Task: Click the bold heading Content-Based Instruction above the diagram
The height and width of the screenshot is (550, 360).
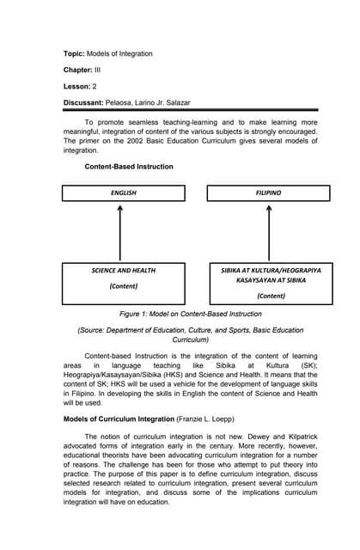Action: click(x=128, y=167)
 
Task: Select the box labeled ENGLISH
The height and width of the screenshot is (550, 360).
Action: click(x=123, y=193)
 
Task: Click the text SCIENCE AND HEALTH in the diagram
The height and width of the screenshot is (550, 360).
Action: click(x=123, y=271)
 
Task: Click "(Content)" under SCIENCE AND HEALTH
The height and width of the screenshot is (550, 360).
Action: click(x=123, y=286)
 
